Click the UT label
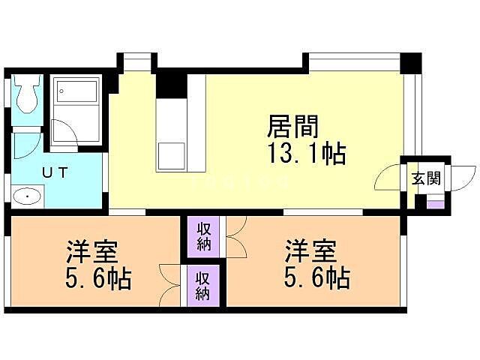coord(55,172)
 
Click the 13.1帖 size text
coord(307,154)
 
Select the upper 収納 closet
coord(204,235)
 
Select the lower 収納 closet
coord(204,286)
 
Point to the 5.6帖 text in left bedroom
coord(98,280)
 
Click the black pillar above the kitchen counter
coord(171,83)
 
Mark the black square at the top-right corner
coord(411,63)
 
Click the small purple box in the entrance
coord(434,201)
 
